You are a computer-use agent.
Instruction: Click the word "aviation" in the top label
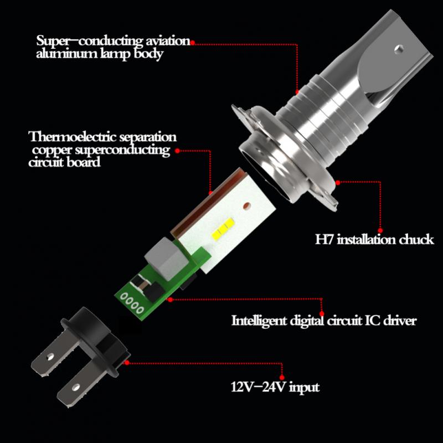click(x=164, y=42)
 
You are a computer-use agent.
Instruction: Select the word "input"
click(x=303, y=387)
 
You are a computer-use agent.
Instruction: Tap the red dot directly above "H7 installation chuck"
click(x=380, y=229)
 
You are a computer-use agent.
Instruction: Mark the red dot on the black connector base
click(x=128, y=363)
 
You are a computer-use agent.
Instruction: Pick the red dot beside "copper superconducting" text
click(x=177, y=150)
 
